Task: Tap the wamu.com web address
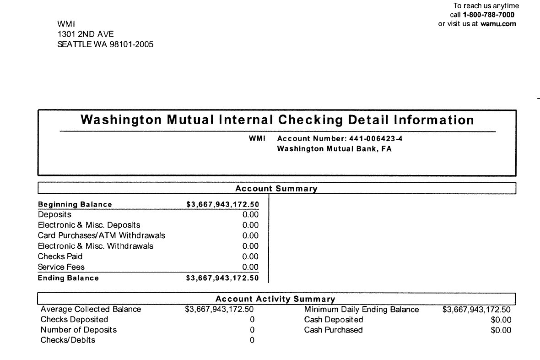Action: click(x=498, y=24)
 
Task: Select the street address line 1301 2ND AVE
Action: click(x=86, y=34)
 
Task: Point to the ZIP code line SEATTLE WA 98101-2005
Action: click(x=105, y=44)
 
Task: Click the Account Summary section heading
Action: click(x=276, y=189)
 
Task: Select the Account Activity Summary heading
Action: click(x=275, y=299)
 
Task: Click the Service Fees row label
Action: click(x=61, y=267)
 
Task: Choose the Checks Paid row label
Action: click(x=60, y=256)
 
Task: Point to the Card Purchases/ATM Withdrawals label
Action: click(x=101, y=235)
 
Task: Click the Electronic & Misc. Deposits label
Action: click(x=89, y=225)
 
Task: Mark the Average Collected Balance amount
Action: click(x=219, y=310)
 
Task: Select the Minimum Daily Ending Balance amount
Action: click(x=476, y=310)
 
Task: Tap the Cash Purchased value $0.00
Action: click(x=501, y=330)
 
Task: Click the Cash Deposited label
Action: click(x=333, y=320)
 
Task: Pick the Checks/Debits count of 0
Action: click(x=252, y=340)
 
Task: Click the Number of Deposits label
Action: click(x=78, y=330)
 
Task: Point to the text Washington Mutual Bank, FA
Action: click(x=335, y=149)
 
